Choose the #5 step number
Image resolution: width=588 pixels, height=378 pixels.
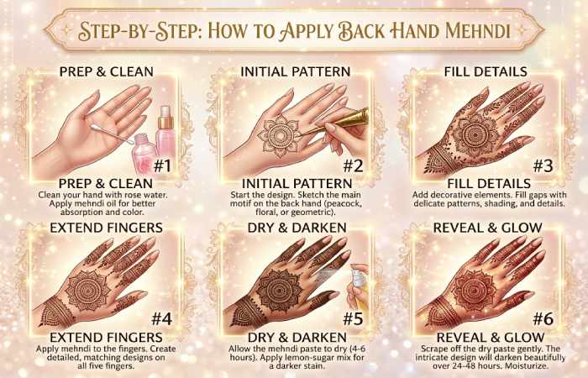(354, 318)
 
